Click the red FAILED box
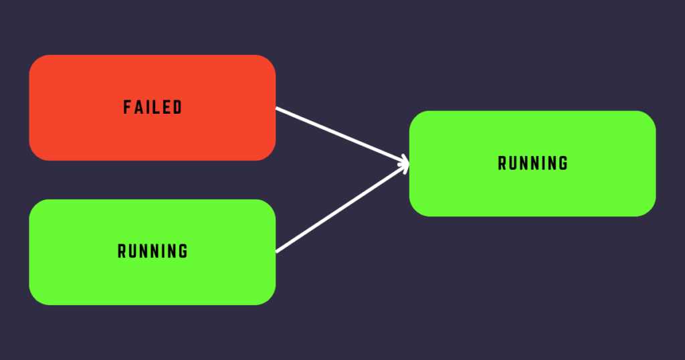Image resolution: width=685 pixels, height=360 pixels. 153,108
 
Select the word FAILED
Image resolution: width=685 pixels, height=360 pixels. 153,107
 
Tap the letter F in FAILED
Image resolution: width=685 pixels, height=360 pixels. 126,107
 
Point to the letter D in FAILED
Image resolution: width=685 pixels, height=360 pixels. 178,107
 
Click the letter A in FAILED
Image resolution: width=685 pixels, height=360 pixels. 137,107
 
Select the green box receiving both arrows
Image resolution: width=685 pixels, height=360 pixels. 532,163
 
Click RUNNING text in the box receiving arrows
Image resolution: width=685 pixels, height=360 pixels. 532,163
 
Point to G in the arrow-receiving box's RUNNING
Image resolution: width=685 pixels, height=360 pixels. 563,163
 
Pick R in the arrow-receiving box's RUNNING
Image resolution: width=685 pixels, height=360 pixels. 502,163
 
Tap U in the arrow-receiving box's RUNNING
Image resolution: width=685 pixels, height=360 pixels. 513,163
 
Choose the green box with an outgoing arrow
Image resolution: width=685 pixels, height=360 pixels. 153,252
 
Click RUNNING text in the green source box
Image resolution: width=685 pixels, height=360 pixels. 153,251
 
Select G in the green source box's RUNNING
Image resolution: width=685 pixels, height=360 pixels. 183,251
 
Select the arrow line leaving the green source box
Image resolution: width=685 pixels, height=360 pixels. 342,208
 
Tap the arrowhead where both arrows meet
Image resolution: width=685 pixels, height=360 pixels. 405,163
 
